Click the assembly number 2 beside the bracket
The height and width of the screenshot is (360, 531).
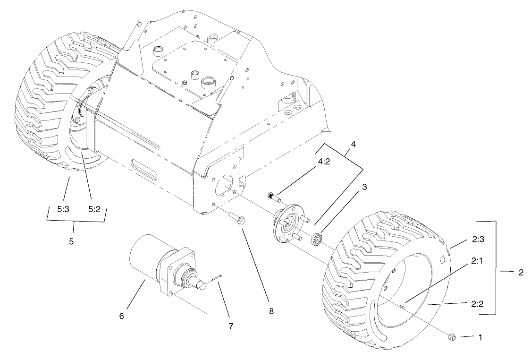(x=520, y=273)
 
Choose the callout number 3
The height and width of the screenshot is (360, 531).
(x=365, y=187)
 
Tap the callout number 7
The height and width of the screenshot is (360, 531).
(x=230, y=326)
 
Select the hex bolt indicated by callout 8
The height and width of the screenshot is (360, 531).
(x=237, y=218)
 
